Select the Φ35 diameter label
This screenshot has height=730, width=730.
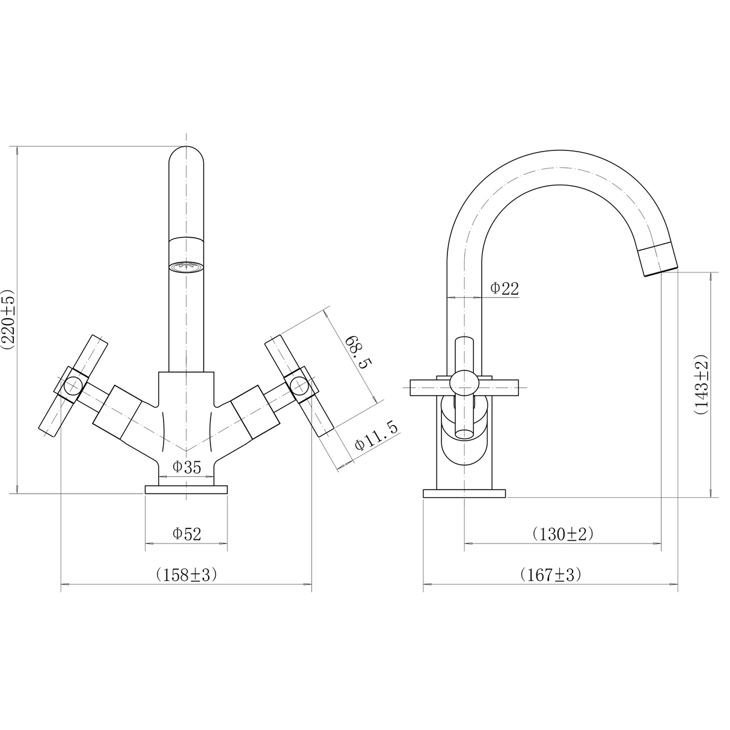pos(186,467)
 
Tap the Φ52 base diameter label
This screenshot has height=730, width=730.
pos(186,533)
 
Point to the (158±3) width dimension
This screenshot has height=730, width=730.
pos(186,574)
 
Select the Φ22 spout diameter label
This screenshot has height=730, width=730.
pos(504,289)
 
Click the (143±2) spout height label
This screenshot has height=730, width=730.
pos(701,385)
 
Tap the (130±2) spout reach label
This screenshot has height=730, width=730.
pos(563,533)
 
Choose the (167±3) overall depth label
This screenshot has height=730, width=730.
pos(551,574)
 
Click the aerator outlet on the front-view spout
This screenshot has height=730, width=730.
pos(186,266)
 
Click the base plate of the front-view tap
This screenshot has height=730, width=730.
pos(186,489)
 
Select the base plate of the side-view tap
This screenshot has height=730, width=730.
pos(464,494)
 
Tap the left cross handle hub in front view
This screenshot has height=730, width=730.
pos(73,383)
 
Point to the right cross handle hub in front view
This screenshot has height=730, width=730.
pos(299,383)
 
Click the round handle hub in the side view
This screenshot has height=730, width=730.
pos(464,383)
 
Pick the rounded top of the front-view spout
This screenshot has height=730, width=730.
pos(186,158)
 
